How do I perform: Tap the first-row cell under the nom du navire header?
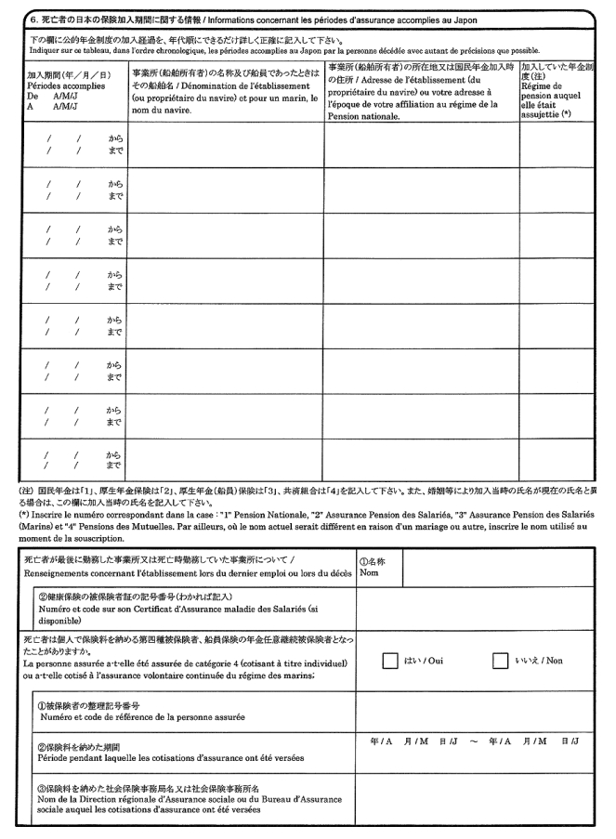click(227, 144)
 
